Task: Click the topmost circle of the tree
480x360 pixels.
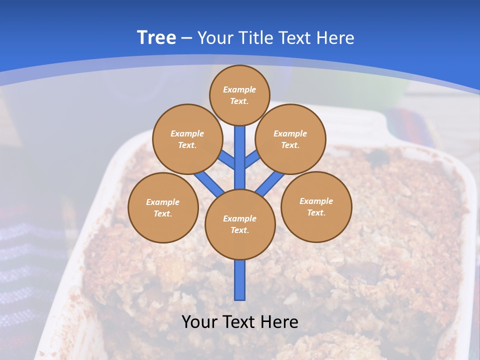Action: tap(239, 95)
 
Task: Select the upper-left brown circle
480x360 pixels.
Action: tap(187, 139)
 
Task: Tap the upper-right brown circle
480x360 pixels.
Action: tap(290, 139)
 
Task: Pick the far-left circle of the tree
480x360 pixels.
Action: tap(163, 207)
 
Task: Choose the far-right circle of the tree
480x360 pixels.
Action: tap(316, 206)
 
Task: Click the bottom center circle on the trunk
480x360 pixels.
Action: tap(240, 224)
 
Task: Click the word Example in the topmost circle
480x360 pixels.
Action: tap(239, 89)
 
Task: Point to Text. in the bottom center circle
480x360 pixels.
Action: tap(239, 230)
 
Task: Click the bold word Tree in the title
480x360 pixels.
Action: tap(156, 37)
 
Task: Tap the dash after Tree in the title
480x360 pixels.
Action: tap(186, 38)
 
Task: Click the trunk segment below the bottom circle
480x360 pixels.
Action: tap(240, 280)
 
